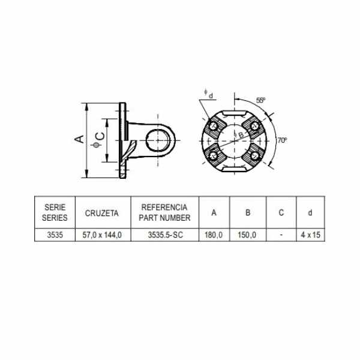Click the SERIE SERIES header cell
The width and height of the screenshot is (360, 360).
(55, 212)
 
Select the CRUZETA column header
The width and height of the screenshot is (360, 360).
(102, 213)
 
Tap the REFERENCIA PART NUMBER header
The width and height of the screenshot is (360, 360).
(164, 212)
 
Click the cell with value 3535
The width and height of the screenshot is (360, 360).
(55, 235)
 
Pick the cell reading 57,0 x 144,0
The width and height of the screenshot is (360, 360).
(102, 235)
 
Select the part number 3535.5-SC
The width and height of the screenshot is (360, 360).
(166, 235)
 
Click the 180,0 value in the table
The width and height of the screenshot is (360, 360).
(214, 235)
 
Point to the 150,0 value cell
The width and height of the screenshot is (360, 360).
(247, 235)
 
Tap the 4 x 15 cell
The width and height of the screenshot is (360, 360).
(310, 235)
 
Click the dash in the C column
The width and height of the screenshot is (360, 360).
(281, 235)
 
